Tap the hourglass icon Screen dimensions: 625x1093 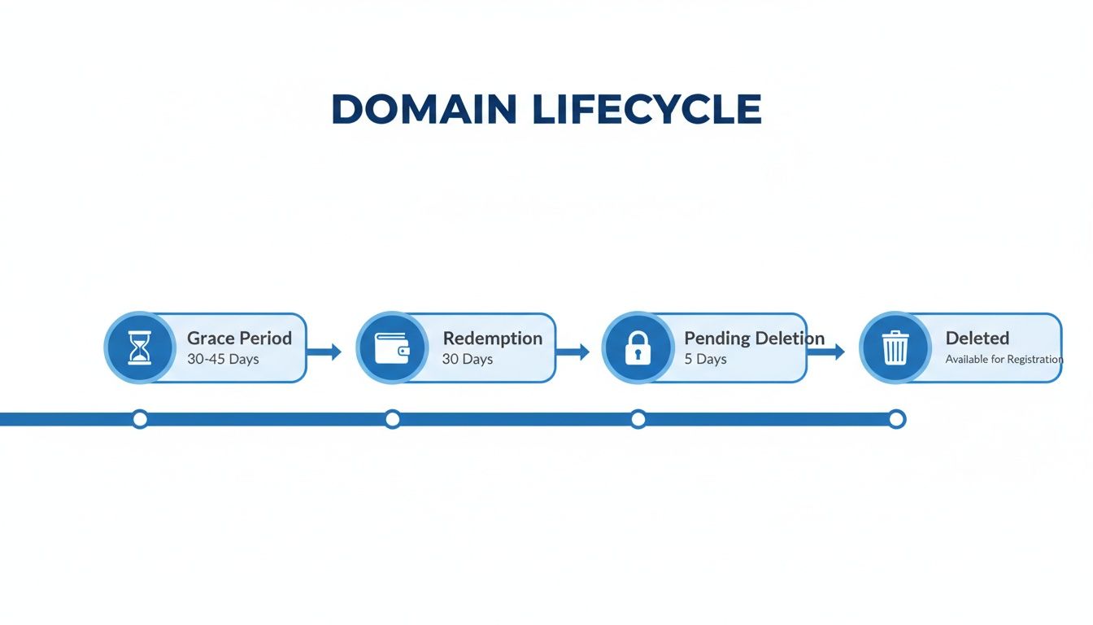140,347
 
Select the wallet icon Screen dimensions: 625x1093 392,347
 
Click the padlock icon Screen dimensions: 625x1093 638,347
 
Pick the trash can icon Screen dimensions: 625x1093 895,347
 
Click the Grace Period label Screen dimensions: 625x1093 239,338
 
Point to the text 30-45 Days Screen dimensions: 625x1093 223,359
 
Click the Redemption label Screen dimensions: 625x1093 492,338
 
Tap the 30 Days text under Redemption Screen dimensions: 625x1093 468,359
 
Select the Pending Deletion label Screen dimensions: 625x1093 754,338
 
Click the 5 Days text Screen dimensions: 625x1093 705,359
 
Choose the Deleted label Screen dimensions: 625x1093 977,338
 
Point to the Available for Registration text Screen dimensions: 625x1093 1004,359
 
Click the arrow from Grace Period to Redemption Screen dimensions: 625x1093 324,352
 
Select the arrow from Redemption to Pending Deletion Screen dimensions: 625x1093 573,352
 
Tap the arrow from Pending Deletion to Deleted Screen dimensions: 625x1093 827,352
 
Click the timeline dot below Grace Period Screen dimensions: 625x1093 140,419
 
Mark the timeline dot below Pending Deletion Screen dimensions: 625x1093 638,419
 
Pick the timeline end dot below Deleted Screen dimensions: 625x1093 896,419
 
